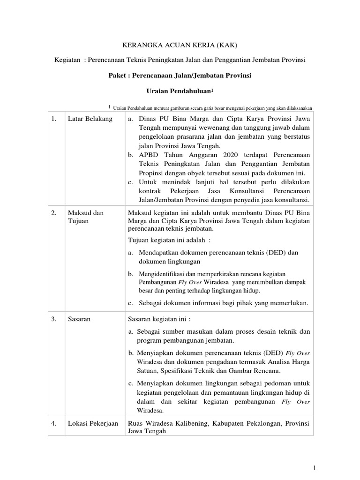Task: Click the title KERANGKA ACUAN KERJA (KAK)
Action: (x=180, y=45)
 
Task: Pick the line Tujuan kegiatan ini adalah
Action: (x=169, y=240)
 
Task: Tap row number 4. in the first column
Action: (x=54, y=423)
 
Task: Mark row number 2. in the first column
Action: (x=54, y=213)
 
